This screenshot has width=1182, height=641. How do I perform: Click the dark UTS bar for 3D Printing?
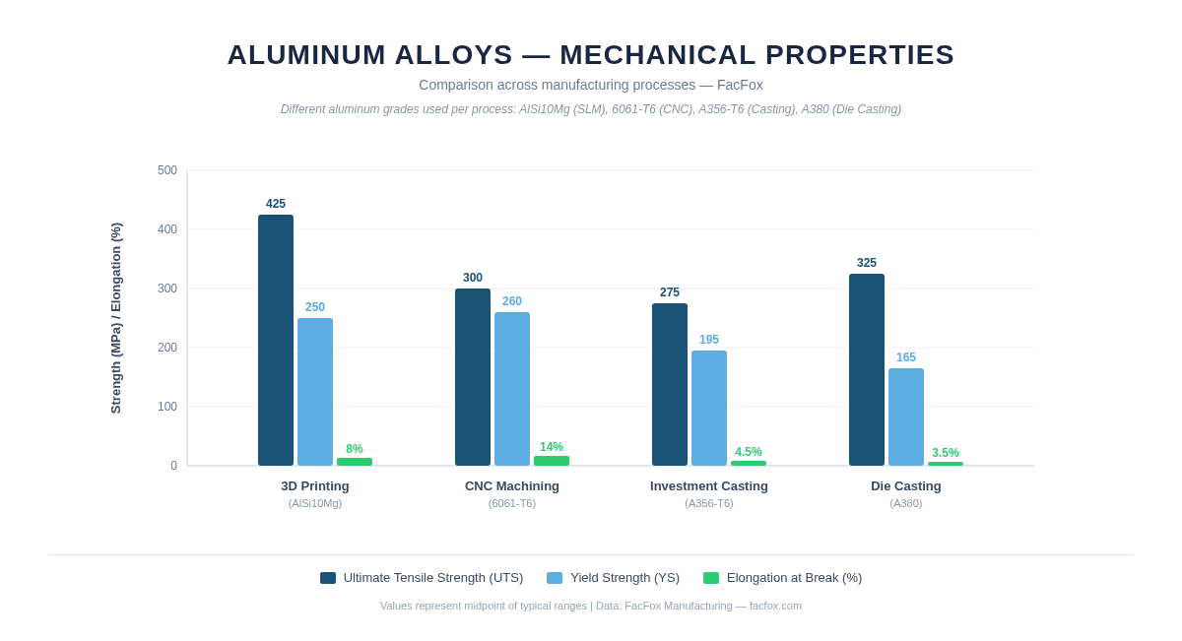point(276,340)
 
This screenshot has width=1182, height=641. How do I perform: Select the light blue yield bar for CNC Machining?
point(512,389)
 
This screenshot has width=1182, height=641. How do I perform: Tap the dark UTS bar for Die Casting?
point(867,369)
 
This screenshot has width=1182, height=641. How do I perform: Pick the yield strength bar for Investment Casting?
point(709,408)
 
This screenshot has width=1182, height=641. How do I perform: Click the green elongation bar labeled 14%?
point(552,461)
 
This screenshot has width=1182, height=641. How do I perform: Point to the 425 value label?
point(276,204)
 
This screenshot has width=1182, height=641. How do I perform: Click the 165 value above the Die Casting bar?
point(906,357)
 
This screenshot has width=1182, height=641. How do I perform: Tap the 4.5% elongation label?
point(749,452)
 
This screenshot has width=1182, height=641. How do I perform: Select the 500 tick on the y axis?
point(167,170)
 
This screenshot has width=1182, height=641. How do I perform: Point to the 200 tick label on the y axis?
point(167,348)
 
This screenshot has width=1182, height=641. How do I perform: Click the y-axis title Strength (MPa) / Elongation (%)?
point(116,318)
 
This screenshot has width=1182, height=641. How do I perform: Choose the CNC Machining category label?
point(512,486)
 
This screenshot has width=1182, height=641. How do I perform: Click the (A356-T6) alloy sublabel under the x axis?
point(709,503)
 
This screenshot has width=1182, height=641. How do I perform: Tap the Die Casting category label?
point(906,486)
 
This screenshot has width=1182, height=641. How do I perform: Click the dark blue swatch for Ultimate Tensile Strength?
point(328,578)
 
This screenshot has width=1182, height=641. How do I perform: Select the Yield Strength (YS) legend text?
point(624,578)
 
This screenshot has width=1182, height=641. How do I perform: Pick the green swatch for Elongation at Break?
point(711,578)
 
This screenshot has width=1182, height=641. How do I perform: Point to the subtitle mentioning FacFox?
point(591,85)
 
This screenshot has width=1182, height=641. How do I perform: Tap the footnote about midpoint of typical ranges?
point(591,606)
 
